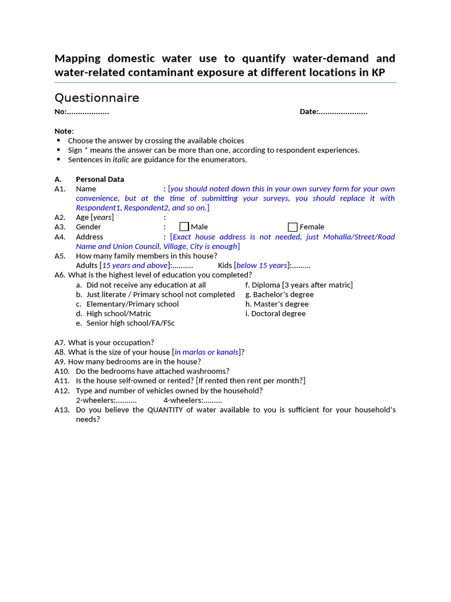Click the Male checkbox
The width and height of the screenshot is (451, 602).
[x=184, y=227]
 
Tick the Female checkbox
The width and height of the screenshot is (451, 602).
[x=292, y=227]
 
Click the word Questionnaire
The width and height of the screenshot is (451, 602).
[x=97, y=98]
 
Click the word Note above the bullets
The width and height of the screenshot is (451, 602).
[x=63, y=131]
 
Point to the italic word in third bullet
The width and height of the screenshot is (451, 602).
[x=120, y=159]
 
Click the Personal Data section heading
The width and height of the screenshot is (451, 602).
[x=100, y=179]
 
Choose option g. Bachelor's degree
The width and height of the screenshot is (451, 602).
[x=280, y=295]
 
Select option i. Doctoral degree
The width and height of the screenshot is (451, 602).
[x=275, y=313]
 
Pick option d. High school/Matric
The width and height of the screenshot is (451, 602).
[x=119, y=313]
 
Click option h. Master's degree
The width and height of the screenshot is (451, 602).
[x=277, y=304]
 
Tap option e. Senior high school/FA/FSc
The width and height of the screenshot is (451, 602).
[x=130, y=323]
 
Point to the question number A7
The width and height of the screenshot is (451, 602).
[x=60, y=342]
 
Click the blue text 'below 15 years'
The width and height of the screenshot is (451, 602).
[x=261, y=265]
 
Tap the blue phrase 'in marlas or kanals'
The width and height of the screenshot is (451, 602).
[x=206, y=352]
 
